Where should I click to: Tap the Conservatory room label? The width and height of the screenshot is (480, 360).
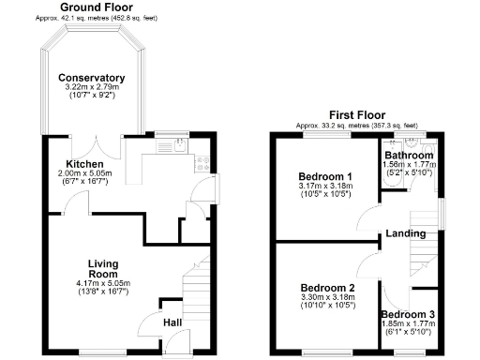[x=91, y=78]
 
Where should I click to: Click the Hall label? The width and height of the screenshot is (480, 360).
[x=172, y=323]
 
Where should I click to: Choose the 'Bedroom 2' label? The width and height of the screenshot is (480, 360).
[x=327, y=288]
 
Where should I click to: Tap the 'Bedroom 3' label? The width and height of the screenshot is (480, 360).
[x=408, y=314]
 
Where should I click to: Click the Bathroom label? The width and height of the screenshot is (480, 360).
[x=408, y=155]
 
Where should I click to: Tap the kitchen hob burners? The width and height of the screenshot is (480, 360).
[x=201, y=162]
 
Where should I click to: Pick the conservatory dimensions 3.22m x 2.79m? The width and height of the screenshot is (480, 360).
[x=91, y=87]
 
